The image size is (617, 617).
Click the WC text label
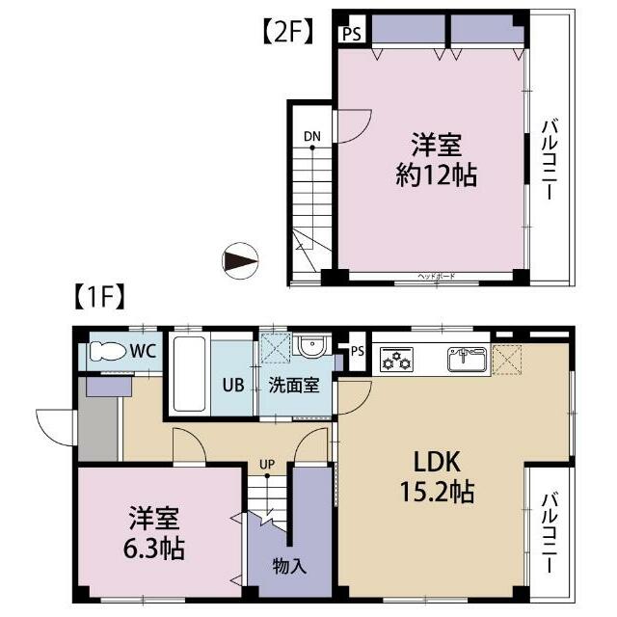tap(144, 352)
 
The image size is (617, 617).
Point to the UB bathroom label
tap(232, 383)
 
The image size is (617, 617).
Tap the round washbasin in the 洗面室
tap(311, 347)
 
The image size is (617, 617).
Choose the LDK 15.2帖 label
tap(436, 476)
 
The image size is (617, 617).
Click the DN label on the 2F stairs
tap(311, 136)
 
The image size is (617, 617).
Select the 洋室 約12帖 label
tap(437, 162)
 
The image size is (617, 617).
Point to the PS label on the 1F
tap(357, 350)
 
